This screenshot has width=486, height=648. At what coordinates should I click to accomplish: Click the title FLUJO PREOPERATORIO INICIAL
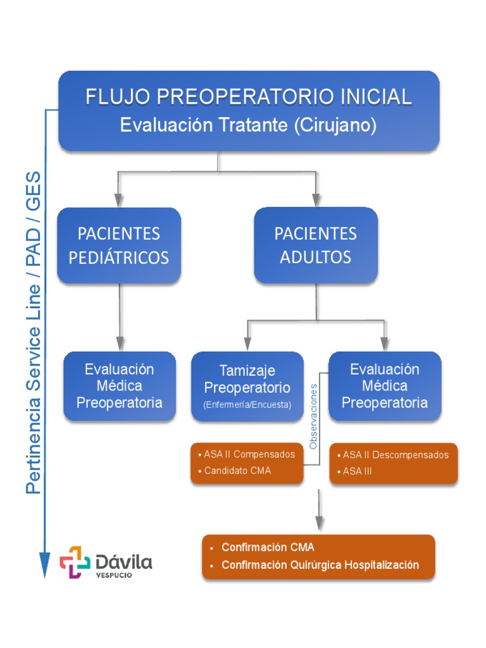point(249,97)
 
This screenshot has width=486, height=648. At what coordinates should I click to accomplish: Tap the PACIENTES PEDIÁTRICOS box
point(119,245)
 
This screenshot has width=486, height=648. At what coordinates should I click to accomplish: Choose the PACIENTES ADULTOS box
point(315,245)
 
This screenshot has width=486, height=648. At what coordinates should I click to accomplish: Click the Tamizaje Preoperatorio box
point(247,378)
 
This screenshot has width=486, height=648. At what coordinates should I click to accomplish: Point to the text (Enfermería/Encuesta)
point(247,405)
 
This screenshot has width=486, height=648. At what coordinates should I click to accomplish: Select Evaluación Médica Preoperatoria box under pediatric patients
point(120,386)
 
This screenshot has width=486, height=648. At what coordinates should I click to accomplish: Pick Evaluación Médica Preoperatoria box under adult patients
point(385,386)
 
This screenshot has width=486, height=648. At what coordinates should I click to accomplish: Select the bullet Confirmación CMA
point(268,547)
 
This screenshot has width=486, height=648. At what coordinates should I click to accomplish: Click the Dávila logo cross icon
point(75,562)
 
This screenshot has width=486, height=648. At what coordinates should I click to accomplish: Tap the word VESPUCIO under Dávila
point(114,576)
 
